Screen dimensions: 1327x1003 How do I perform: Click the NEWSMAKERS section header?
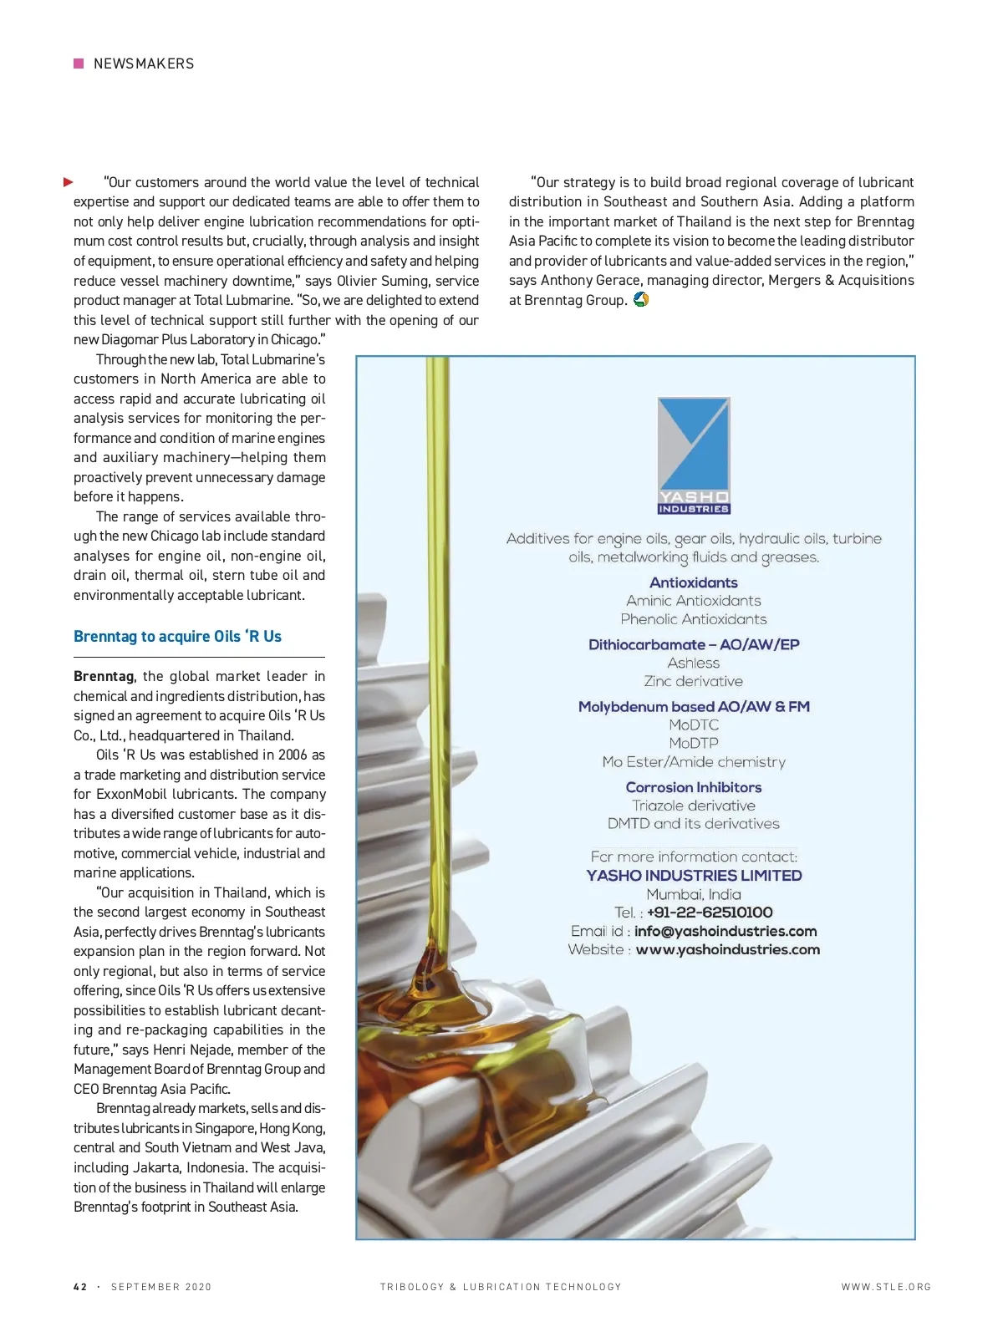tap(144, 64)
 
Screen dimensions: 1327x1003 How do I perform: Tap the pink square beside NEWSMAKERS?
tap(79, 64)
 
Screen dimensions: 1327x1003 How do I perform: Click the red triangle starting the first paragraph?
tap(69, 182)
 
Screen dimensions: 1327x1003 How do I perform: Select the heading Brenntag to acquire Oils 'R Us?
tap(177, 637)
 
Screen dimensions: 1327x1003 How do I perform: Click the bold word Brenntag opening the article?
tap(104, 676)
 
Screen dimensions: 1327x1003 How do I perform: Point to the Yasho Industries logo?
tap(694, 455)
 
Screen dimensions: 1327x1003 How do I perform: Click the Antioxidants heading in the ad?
tap(694, 582)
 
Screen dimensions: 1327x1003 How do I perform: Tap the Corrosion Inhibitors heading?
tap(694, 787)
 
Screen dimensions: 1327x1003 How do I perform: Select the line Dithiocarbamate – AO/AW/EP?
tap(694, 644)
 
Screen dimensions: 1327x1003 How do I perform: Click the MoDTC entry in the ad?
tap(694, 725)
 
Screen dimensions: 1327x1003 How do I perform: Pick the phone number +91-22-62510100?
tap(710, 913)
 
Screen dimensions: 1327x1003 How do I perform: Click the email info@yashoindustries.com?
tap(726, 931)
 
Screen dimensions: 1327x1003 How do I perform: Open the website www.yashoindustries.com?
tap(727, 949)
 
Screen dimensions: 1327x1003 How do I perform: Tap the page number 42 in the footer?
tap(80, 1287)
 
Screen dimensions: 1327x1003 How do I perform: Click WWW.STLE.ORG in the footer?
tap(886, 1287)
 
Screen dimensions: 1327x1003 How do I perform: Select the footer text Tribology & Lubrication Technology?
tap(501, 1287)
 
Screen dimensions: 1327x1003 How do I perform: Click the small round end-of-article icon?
tap(641, 299)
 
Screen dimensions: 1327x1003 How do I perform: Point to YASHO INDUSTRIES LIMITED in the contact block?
tap(694, 876)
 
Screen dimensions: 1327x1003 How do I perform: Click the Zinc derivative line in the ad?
tap(694, 681)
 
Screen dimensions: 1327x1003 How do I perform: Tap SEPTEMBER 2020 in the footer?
tap(161, 1287)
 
